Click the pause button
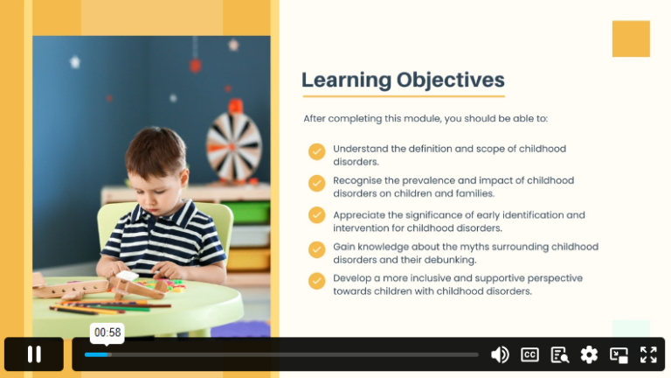[x=34, y=354]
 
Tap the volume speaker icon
[x=500, y=355]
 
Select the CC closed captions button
[x=529, y=355]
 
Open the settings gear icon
[x=589, y=355]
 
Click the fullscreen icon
[x=648, y=355]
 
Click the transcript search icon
[x=560, y=355]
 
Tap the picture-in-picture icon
[x=619, y=355]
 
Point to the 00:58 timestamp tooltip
[x=107, y=332]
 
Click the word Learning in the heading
[x=346, y=80]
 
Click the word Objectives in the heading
[x=451, y=80]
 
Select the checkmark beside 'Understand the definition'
[x=316, y=151]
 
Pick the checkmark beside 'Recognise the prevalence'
[x=316, y=184]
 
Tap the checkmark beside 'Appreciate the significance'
[x=316, y=215]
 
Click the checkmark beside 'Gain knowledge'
[x=316, y=249]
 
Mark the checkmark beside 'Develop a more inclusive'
[x=316, y=281]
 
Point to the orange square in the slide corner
[x=631, y=38]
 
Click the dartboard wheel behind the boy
[x=233, y=146]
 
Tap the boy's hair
[x=155, y=150]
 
